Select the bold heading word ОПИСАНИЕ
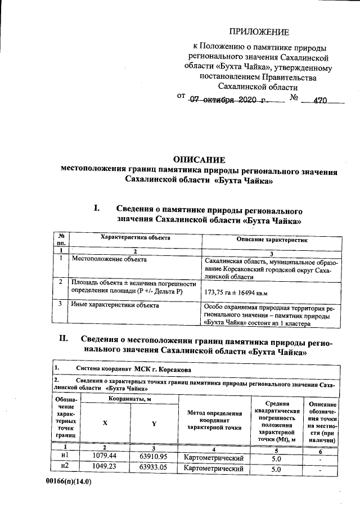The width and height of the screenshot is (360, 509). pyautogui.click(x=199, y=160)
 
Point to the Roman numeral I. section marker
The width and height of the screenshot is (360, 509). pyautogui.click(x=97, y=208)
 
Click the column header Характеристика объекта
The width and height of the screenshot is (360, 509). pyautogui.click(x=135, y=238)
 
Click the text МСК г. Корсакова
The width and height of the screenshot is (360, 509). pyautogui.click(x=163, y=370)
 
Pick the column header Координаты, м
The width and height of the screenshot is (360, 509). pyautogui.click(x=129, y=399)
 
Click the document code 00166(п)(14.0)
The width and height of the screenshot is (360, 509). pyautogui.click(x=70, y=482)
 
